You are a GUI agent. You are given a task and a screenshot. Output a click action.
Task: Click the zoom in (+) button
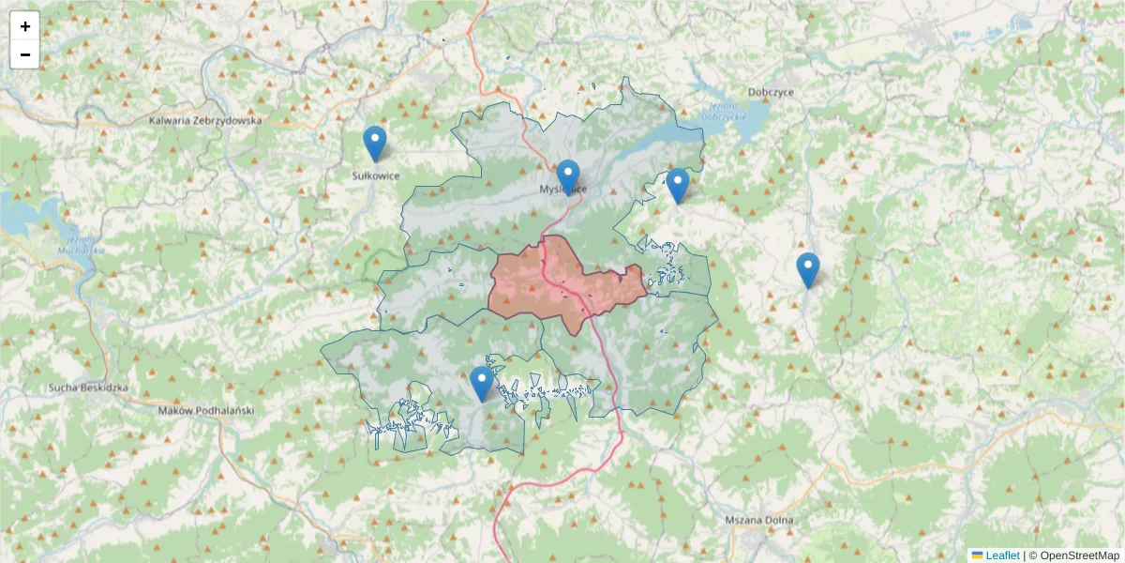tap(25, 26)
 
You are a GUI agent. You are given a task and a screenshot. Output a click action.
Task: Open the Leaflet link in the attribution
tap(1002, 555)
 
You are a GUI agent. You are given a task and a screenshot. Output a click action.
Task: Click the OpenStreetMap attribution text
tap(1080, 555)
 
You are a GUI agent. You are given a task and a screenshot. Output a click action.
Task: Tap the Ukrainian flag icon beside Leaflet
tap(977, 555)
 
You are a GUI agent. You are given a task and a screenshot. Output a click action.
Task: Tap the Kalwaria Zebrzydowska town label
tap(206, 121)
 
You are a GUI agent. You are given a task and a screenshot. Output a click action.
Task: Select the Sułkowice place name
tap(375, 175)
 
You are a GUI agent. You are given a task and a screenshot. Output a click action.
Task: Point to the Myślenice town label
tap(563, 189)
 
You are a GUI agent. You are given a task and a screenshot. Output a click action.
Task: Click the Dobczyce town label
tap(772, 92)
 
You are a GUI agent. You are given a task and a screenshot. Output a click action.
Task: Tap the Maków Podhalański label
tap(206, 410)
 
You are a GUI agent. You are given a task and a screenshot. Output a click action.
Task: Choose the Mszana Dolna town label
tap(759, 520)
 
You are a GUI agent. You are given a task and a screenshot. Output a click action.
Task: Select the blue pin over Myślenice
tap(568, 176)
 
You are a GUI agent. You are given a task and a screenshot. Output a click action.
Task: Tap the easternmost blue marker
tap(808, 270)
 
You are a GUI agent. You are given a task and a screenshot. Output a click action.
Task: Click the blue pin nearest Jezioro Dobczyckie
tap(678, 186)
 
